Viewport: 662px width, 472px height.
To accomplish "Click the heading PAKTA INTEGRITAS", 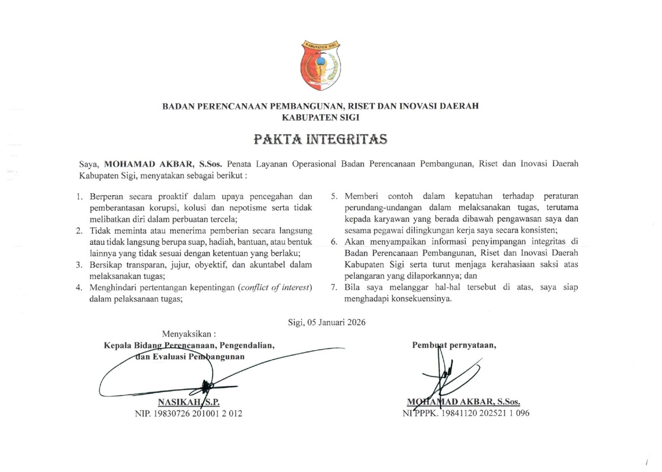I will [320, 139].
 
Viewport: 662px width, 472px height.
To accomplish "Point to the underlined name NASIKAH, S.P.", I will [189, 402].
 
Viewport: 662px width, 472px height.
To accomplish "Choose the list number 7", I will [335, 288].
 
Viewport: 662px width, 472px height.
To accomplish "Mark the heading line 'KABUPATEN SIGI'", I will [320, 117].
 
